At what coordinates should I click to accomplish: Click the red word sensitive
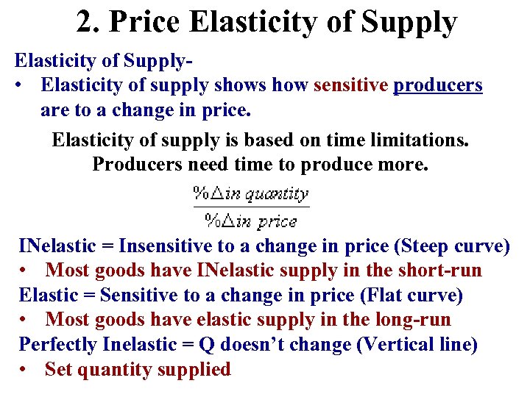point(350,85)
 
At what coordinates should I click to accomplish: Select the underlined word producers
point(438,85)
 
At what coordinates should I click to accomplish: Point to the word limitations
point(418,139)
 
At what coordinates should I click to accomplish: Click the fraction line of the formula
point(251,208)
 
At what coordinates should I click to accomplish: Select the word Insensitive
point(167,246)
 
